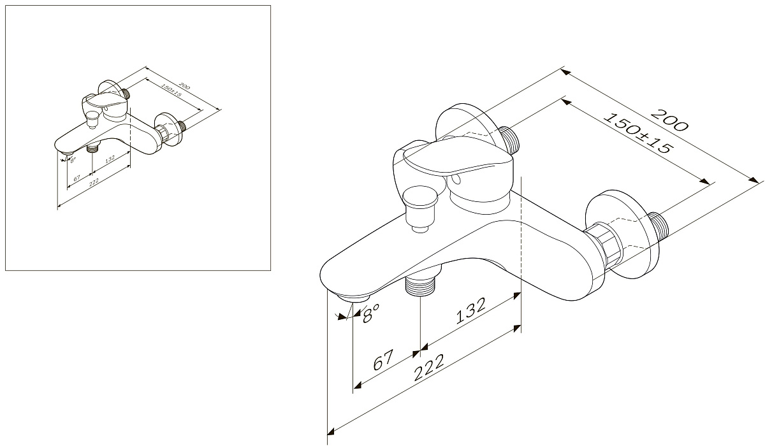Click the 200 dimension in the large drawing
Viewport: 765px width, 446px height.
pos(669,120)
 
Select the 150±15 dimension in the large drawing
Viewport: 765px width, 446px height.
pos(637,134)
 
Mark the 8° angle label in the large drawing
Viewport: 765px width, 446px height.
pos(371,312)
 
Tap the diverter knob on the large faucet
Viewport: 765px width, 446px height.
pos(420,203)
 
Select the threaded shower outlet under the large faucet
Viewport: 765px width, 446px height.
pos(420,285)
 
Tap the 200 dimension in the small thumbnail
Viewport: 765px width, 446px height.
pos(184,85)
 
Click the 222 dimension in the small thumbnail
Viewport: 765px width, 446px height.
pos(94,183)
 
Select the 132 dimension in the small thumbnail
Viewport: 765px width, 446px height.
pos(110,157)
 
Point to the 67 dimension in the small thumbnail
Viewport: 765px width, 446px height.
pos(76,178)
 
